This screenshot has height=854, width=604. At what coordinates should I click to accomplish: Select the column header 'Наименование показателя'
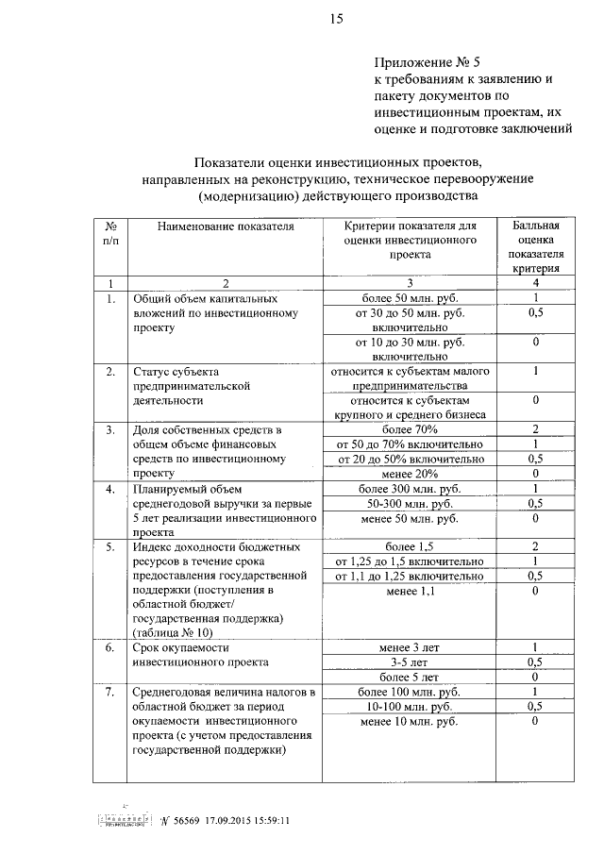click(x=226, y=226)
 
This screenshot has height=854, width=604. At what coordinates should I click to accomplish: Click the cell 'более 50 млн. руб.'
click(x=410, y=298)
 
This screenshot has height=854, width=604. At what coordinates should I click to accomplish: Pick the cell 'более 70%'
click(x=410, y=429)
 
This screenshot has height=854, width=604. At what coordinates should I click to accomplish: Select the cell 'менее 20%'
click(x=410, y=473)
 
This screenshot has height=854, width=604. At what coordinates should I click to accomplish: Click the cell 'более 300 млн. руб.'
click(x=410, y=489)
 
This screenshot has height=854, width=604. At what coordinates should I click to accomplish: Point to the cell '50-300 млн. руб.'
click(x=410, y=504)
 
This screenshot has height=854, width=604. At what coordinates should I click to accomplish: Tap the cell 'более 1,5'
click(x=410, y=546)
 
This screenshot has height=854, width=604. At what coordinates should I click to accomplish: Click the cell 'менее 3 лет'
click(x=410, y=646)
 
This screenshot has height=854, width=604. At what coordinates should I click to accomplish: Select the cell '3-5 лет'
click(x=410, y=661)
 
